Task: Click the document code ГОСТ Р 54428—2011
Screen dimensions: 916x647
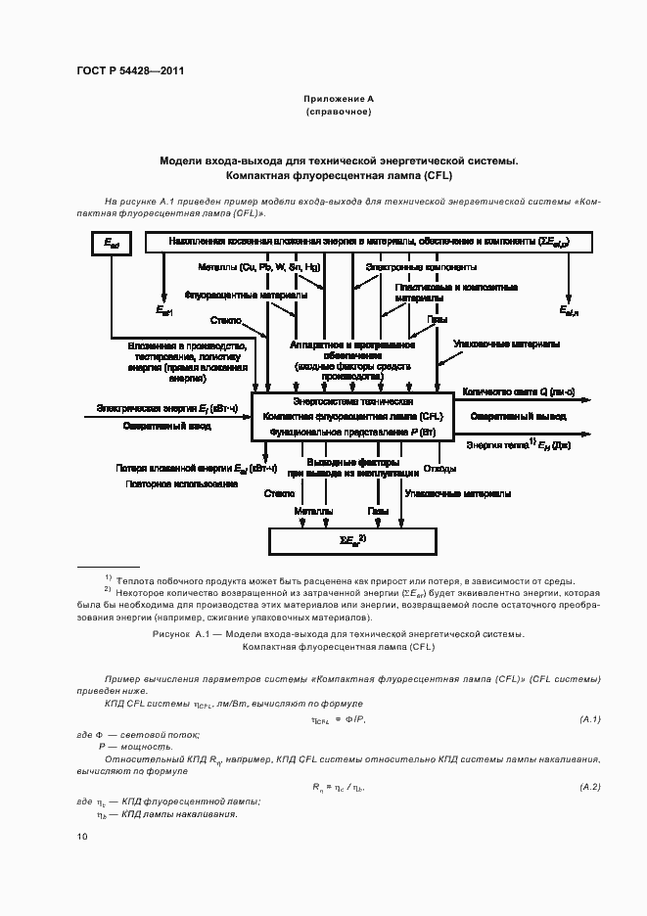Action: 129,71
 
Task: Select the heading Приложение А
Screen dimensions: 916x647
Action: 339,100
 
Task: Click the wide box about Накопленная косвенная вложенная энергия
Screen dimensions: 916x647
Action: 369,241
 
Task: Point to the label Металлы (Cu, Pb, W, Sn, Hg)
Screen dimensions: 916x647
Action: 258,267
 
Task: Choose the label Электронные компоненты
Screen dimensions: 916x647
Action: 421,267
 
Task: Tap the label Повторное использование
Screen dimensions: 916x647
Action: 181,484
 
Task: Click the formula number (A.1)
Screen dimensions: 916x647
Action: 590,720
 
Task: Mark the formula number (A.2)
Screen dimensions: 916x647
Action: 590,787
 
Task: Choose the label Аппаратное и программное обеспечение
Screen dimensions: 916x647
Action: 352,351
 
